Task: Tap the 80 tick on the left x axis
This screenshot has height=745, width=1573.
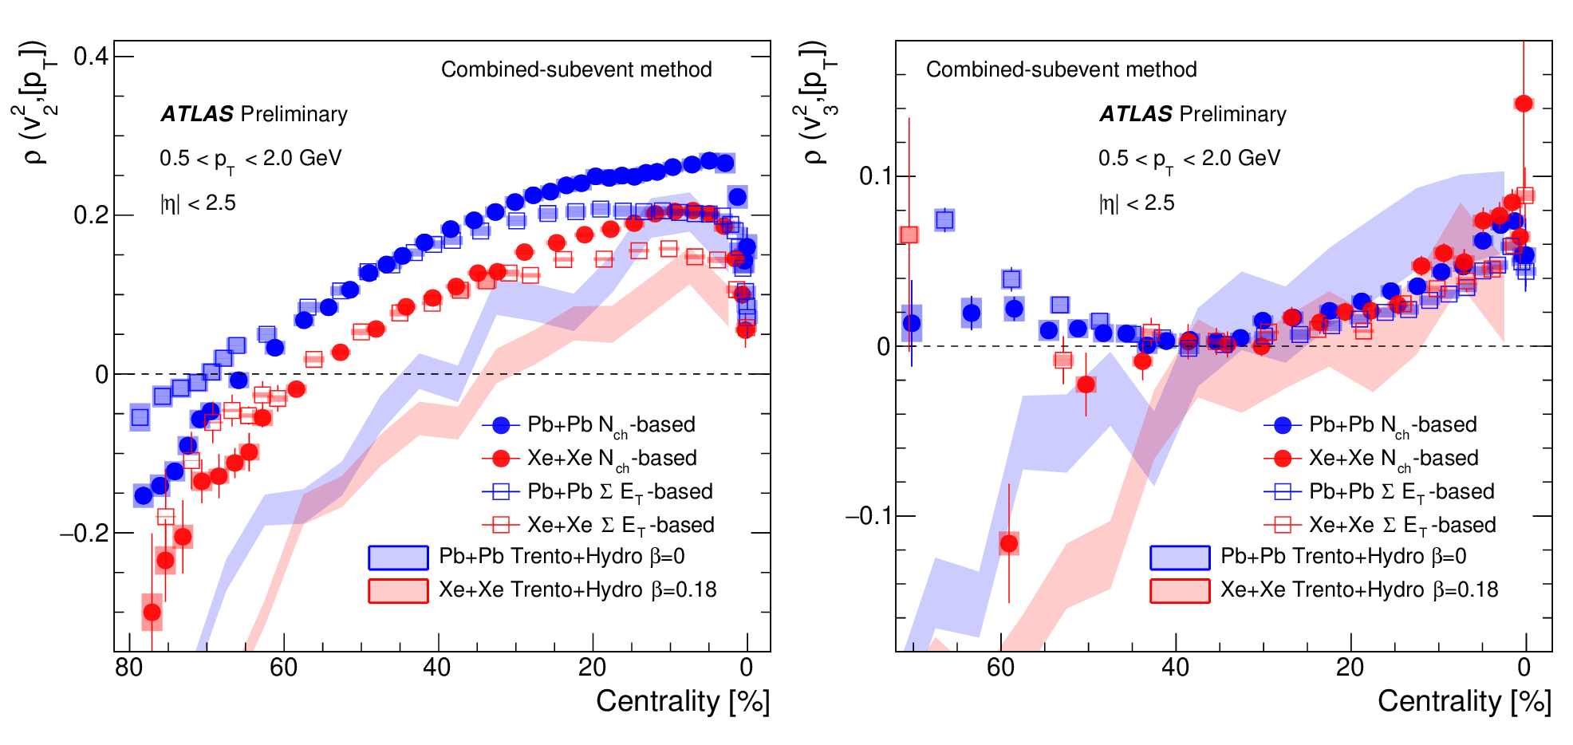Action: (129, 668)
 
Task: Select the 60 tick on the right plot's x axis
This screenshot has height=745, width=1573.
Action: (1000, 668)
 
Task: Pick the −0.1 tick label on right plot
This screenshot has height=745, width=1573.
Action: (868, 516)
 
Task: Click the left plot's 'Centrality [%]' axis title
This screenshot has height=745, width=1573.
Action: (683, 701)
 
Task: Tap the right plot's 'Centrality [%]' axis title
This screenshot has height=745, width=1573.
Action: (1465, 701)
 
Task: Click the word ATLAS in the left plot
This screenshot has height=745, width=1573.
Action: (197, 114)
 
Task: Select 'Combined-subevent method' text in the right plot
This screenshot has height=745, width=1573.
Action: (1061, 69)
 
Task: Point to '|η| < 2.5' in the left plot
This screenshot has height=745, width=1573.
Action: (198, 203)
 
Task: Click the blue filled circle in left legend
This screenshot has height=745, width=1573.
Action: (501, 425)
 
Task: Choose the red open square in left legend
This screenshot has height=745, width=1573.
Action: (501, 525)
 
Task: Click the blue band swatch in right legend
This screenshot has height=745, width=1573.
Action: (1180, 557)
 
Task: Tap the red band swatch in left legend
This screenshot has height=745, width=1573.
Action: (398, 590)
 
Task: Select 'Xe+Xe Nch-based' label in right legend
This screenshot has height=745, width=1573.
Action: (1394, 459)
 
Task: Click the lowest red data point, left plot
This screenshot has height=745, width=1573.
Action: (152, 613)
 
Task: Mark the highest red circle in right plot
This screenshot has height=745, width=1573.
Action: (1524, 104)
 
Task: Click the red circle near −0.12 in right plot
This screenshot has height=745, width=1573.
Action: (1009, 544)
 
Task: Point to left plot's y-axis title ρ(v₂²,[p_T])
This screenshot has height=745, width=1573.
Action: (36, 102)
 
